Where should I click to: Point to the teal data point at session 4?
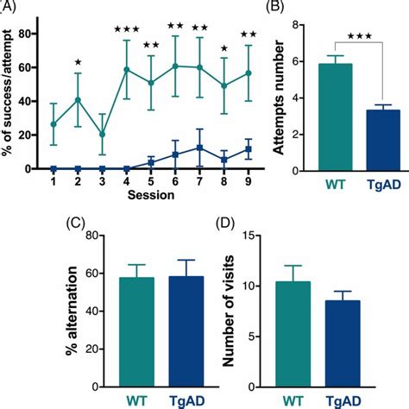tap(127, 70)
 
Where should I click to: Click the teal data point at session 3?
tap(102, 135)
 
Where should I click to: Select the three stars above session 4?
tap(127, 30)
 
